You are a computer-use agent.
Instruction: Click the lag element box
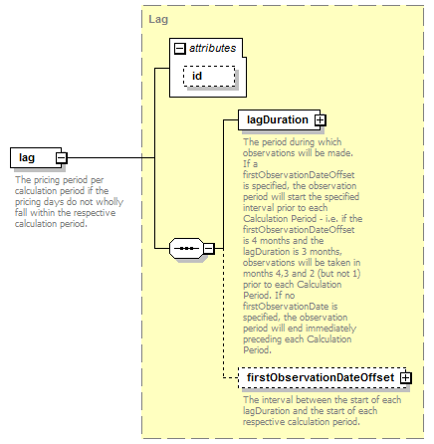coord(36,157)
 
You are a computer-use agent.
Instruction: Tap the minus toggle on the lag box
coord(62,158)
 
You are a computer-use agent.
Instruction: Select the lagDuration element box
coord(279,119)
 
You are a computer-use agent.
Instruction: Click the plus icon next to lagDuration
coord(320,120)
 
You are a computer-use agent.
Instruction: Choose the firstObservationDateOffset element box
coord(322,377)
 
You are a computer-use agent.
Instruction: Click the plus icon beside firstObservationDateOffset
coord(406,378)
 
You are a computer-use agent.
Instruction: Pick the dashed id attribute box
coord(209,76)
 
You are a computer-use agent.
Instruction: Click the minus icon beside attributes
coord(180,49)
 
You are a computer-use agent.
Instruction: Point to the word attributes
coord(213,48)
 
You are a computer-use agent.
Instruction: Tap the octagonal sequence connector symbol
coord(186,248)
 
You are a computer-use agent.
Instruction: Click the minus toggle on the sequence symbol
coord(209,248)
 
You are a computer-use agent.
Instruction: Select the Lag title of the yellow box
coord(158,19)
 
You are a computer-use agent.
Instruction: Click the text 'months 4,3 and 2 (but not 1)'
coord(302,274)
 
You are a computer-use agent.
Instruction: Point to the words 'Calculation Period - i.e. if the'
coord(303,219)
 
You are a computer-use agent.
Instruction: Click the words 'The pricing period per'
coord(60,180)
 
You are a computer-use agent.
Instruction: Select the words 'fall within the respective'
coord(65,213)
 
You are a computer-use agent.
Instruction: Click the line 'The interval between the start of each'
coord(322,400)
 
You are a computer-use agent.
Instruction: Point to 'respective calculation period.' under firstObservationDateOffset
coord(302,422)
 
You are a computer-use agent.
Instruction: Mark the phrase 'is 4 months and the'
coord(283,241)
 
